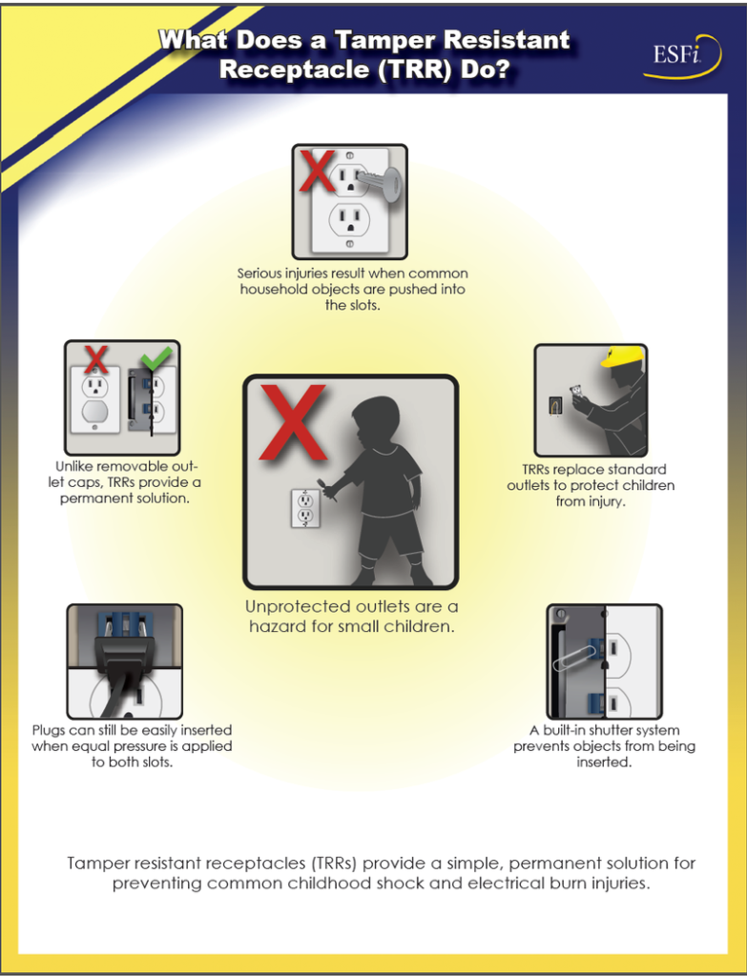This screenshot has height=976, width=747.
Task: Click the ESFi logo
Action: [677, 57]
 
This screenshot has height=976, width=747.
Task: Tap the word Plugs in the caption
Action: [49, 731]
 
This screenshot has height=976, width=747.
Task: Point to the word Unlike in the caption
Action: [77, 467]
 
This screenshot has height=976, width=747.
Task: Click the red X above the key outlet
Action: [316, 170]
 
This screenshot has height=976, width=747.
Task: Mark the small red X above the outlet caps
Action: [95, 359]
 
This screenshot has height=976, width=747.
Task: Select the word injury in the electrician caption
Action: [604, 501]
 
